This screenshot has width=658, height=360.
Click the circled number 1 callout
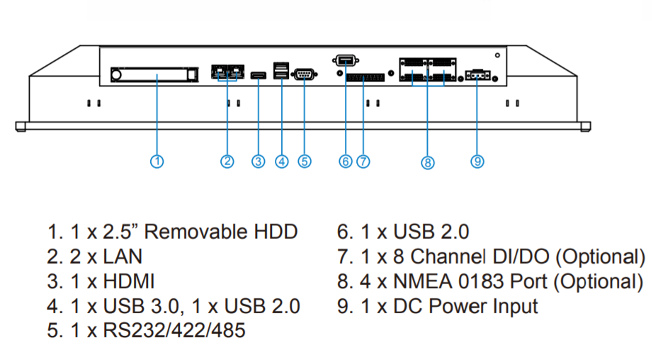click(157, 161)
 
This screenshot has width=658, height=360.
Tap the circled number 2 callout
click(227, 161)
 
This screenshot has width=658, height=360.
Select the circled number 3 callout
click(259, 161)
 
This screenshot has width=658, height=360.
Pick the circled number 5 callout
click(305, 161)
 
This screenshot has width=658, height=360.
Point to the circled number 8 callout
click(427, 162)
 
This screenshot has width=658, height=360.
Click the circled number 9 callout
click(477, 161)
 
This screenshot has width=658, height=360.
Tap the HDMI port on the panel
click(258, 74)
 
